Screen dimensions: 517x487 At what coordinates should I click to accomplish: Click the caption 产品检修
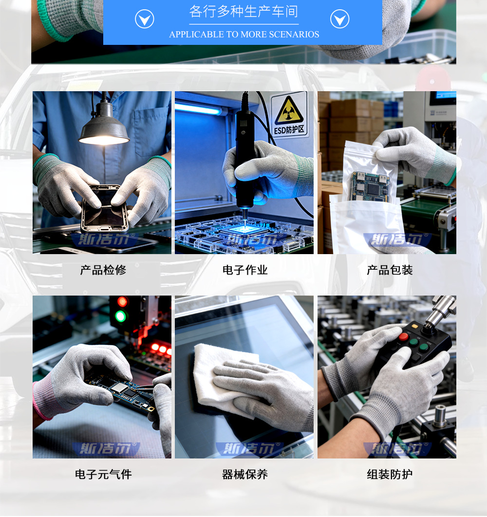click(x=103, y=270)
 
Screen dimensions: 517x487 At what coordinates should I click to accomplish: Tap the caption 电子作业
click(x=245, y=270)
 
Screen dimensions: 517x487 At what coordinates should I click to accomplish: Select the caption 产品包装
click(x=390, y=270)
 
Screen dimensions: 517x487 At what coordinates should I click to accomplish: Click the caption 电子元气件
click(x=103, y=474)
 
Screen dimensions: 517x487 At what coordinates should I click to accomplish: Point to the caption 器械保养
click(x=245, y=474)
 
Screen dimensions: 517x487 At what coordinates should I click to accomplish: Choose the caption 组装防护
click(x=390, y=474)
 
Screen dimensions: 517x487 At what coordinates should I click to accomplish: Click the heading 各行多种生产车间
click(x=243, y=12)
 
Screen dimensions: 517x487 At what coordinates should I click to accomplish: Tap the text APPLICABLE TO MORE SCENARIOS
click(x=244, y=35)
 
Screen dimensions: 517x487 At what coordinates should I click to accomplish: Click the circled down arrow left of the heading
click(x=144, y=20)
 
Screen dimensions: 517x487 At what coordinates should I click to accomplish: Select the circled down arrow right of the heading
click(x=339, y=20)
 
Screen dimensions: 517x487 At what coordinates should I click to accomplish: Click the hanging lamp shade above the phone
click(x=104, y=129)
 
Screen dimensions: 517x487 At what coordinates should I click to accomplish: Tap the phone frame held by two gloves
click(x=104, y=207)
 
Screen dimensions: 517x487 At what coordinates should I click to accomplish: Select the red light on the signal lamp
click(x=122, y=302)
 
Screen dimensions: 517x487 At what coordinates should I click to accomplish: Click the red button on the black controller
click(x=403, y=337)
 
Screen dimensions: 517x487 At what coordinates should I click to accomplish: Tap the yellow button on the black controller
click(x=414, y=326)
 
